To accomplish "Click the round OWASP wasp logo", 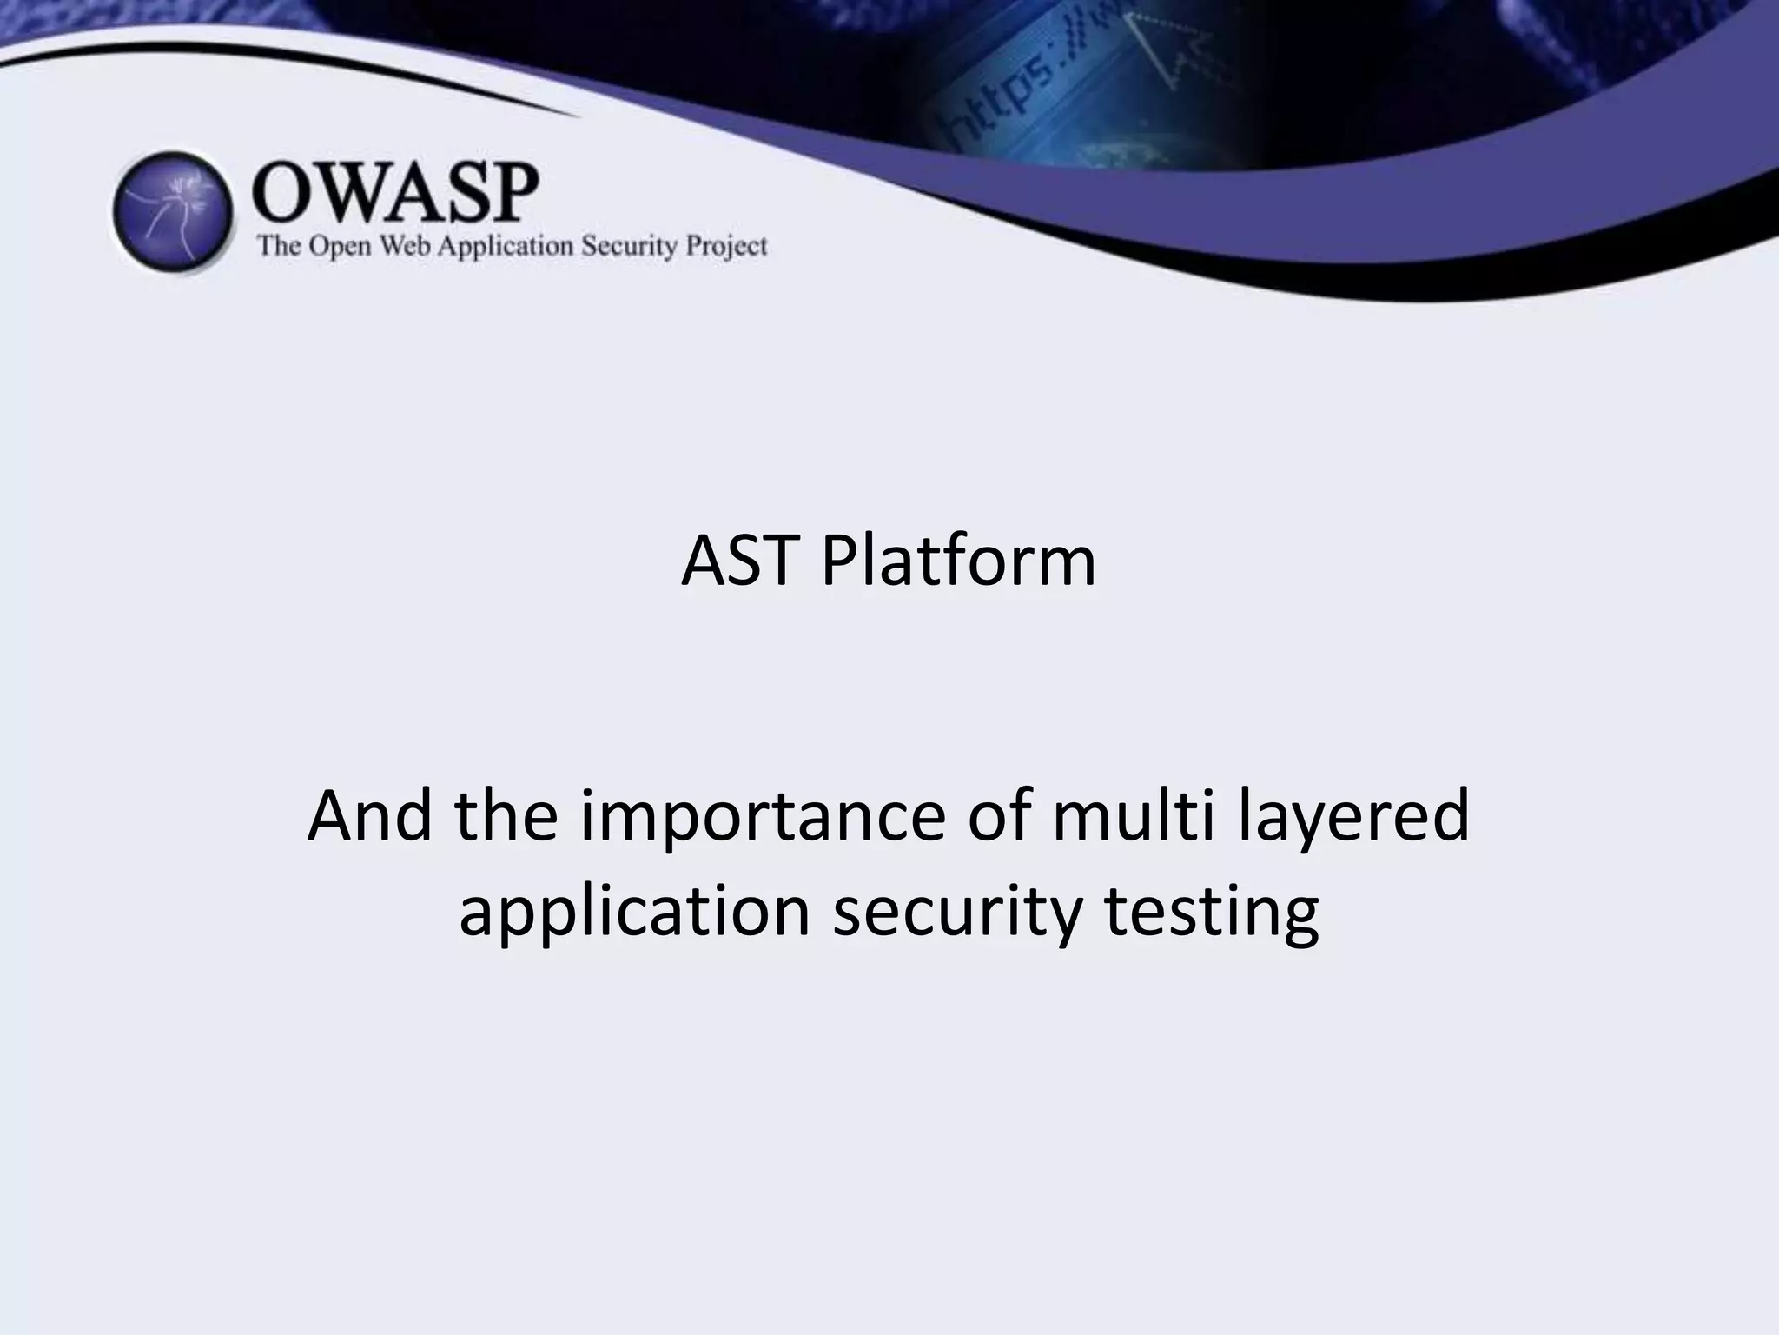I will pyautogui.click(x=173, y=212).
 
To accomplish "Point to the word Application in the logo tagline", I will pyautogui.click(x=505, y=248).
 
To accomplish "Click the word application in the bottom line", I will pyautogui.click(x=634, y=913).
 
